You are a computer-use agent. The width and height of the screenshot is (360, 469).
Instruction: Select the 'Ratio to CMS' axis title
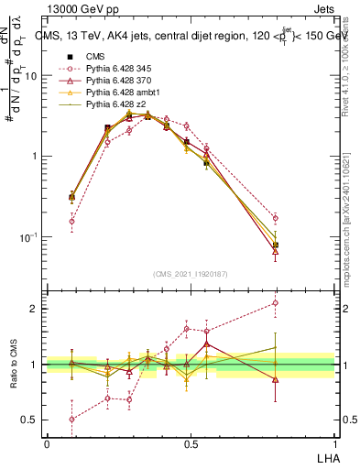point(13,365)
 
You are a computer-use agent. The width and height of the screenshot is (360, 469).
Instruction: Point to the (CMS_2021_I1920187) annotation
point(191,273)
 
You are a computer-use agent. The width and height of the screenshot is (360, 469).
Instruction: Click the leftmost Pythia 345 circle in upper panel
point(71,221)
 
